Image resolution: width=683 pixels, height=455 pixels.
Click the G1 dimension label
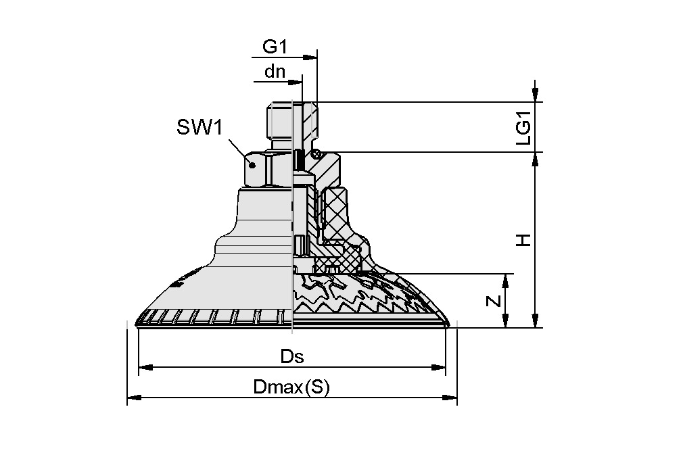[275, 47]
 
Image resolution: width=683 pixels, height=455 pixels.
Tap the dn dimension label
[275, 71]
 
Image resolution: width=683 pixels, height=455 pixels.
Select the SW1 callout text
[199, 127]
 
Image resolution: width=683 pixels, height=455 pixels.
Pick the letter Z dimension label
[495, 302]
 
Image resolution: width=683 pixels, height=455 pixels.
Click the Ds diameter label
[291, 357]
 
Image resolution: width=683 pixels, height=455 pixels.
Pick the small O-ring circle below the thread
[316, 155]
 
